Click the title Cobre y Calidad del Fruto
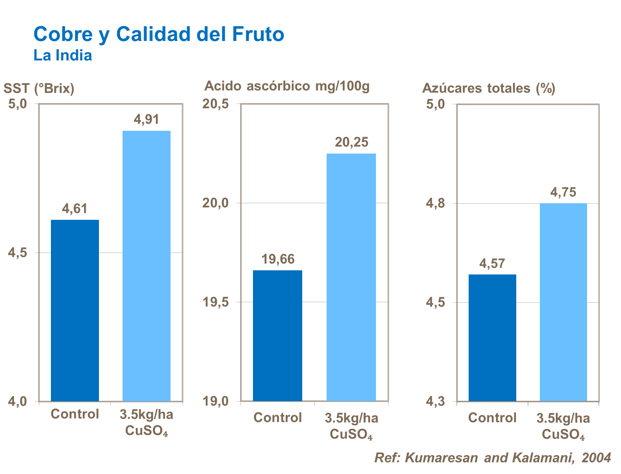159,34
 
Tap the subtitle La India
63,55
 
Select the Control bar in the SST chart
75,310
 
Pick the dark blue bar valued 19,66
277,336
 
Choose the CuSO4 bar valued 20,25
351,277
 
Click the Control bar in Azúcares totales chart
492,338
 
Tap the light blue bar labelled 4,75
563,302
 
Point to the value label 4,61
75,209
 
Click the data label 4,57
492,264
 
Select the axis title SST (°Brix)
39,88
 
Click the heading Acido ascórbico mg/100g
287,86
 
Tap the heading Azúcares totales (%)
489,88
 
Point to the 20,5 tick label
215,103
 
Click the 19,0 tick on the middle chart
215,401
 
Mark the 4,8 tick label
436,203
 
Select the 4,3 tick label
436,401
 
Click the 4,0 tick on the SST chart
17,401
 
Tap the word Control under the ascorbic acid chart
277,417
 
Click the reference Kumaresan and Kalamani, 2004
493,457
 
